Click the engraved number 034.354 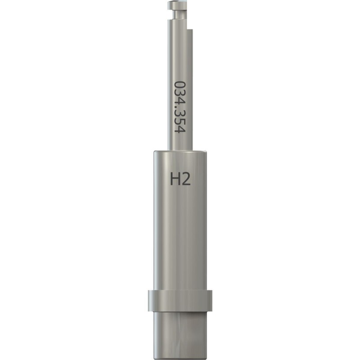click(x=180, y=107)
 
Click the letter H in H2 click(x=175, y=179)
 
